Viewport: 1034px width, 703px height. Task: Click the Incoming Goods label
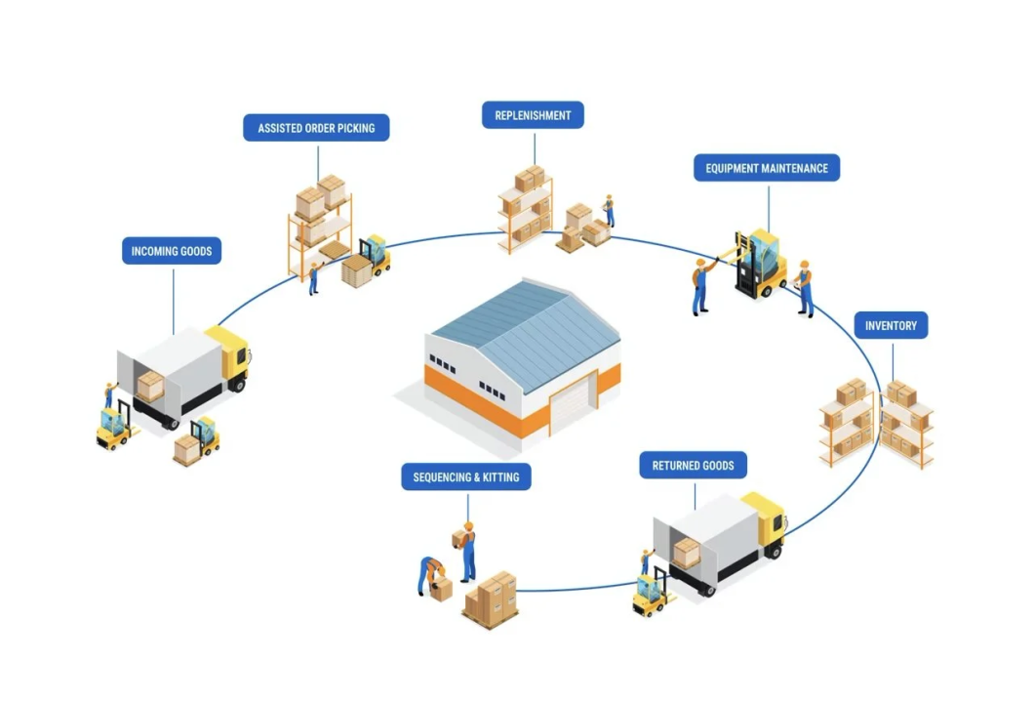pos(172,251)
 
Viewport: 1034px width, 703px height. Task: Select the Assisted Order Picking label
pos(316,128)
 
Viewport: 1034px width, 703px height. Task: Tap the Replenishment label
pos(533,115)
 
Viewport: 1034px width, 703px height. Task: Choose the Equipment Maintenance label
pos(767,168)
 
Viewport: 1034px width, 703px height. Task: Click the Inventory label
pos(891,325)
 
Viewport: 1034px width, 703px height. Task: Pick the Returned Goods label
pos(693,465)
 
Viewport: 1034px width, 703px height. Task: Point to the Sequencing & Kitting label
pos(465,476)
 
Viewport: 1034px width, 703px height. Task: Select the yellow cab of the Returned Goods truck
pos(766,522)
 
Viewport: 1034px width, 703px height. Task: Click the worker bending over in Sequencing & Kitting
pos(431,573)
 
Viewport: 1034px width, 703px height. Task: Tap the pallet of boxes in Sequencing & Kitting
pos(491,599)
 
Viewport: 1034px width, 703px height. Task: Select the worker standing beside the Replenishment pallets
pos(609,210)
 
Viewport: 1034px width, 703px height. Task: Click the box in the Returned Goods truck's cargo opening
pos(687,553)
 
